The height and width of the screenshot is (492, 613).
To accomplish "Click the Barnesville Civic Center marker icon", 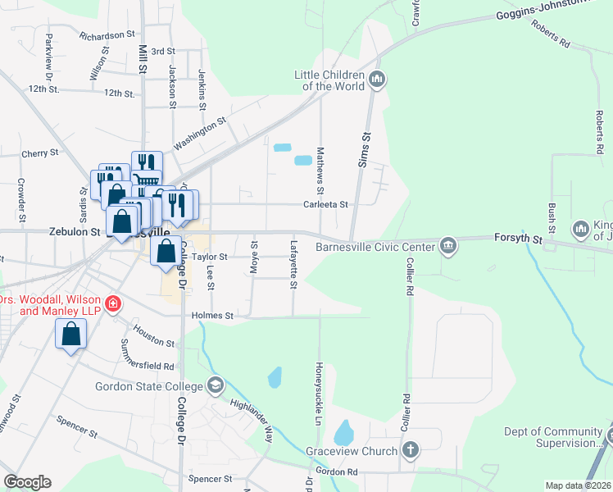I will point(448,245).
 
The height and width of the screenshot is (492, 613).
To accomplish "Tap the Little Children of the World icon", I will point(378,80).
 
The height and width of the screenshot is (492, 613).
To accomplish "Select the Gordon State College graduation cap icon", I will point(215,385).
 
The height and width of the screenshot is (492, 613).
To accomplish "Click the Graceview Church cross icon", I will point(411,450).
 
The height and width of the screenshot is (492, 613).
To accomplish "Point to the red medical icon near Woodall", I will point(111,304).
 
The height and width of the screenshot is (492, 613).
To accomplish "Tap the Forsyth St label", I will point(519,239).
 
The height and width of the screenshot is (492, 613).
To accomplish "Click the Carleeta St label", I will point(326,204).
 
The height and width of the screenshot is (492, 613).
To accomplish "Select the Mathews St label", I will point(321,166).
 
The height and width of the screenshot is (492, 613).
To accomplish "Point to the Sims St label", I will point(364,150).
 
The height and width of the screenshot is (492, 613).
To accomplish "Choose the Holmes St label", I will point(212,315).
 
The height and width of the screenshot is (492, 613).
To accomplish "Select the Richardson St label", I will point(107,35).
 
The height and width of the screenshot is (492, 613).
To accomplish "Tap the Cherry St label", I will point(40,153).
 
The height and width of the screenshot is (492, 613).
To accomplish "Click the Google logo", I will point(27,482).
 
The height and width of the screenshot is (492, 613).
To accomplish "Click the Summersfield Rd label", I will point(147,355).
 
